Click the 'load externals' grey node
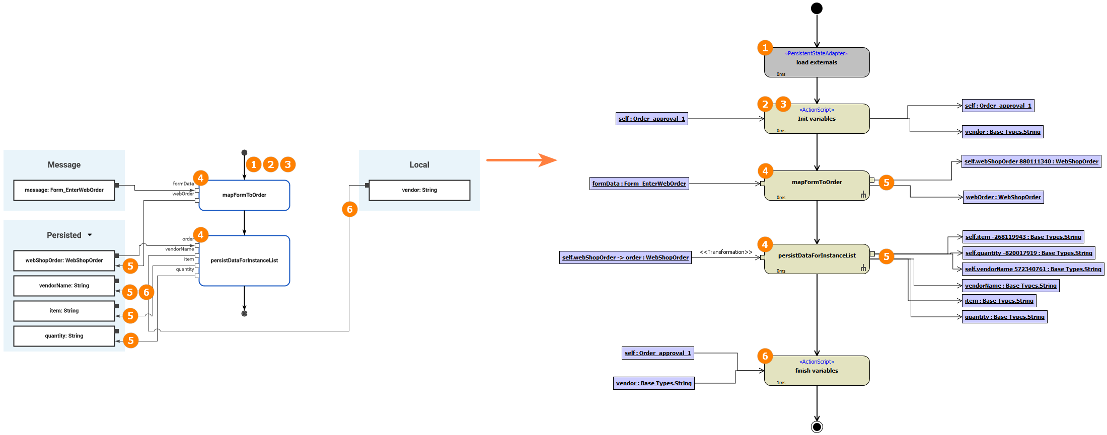pos(817,62)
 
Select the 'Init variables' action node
pos(817,119)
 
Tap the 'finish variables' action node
pos(817,371)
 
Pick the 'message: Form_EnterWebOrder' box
pos(64,190)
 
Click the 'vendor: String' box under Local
pos(419,190)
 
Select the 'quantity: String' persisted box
pos(64,336)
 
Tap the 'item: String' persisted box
pos(64,311)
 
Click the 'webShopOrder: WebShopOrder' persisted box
pos(64,260)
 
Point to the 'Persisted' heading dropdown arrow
pos(90,235)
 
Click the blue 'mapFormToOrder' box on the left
pos(244,195)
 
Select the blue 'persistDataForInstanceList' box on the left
pos(244,260)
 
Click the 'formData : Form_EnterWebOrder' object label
pos(639,184)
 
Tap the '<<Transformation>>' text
pos(726,252)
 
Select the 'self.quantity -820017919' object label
pos(1028,253)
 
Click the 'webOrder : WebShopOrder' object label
pos(1003,197)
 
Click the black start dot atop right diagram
pos(817,8)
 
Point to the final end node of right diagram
pos(817,427)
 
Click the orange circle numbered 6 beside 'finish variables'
pos(765,356)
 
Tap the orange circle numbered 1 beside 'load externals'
pos(765,48)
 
